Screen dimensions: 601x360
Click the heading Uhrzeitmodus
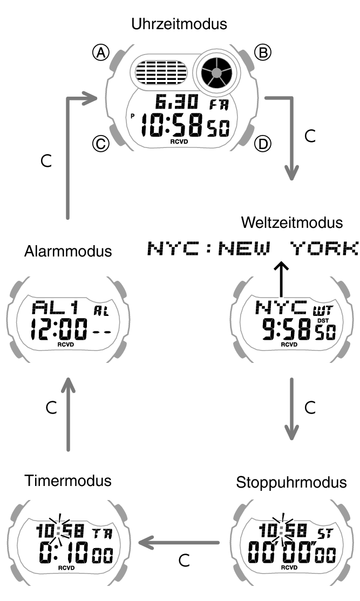click(180, 24)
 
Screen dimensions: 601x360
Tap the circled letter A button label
click(100, 52)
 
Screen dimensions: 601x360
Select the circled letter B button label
click(263, 52)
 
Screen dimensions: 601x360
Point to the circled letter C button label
click(100, 144)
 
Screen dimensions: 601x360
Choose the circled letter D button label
click(263, 144)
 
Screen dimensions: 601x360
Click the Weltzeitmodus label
click(292, 223)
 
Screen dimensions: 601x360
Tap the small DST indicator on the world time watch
click(323, 321)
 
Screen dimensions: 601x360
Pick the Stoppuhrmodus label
click(291, 482)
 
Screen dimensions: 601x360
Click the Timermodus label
click(67, 481)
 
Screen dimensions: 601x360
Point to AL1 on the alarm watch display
click(56, 308)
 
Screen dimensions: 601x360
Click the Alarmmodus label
click(68, 251)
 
